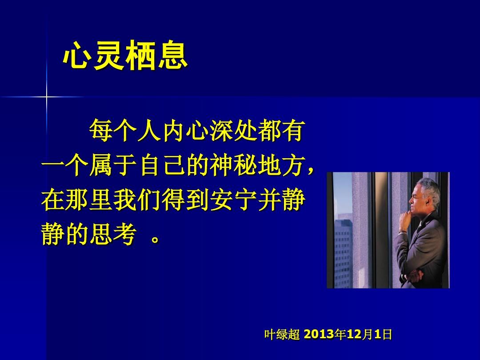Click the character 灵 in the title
pos(109,56)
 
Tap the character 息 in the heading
pos(173,56)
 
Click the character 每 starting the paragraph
pos(101,130)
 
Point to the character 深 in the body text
pos(222,130)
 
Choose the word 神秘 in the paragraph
pos(234,165)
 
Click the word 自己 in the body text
pos(162,165)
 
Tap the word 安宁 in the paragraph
pos(234,200)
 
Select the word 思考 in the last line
pos(113,235)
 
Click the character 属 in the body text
pos(101,165)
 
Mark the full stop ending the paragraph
pos(156,239)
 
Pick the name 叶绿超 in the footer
pos(282,334)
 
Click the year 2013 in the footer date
pos(319,334)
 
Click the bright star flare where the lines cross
pos(47,97)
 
